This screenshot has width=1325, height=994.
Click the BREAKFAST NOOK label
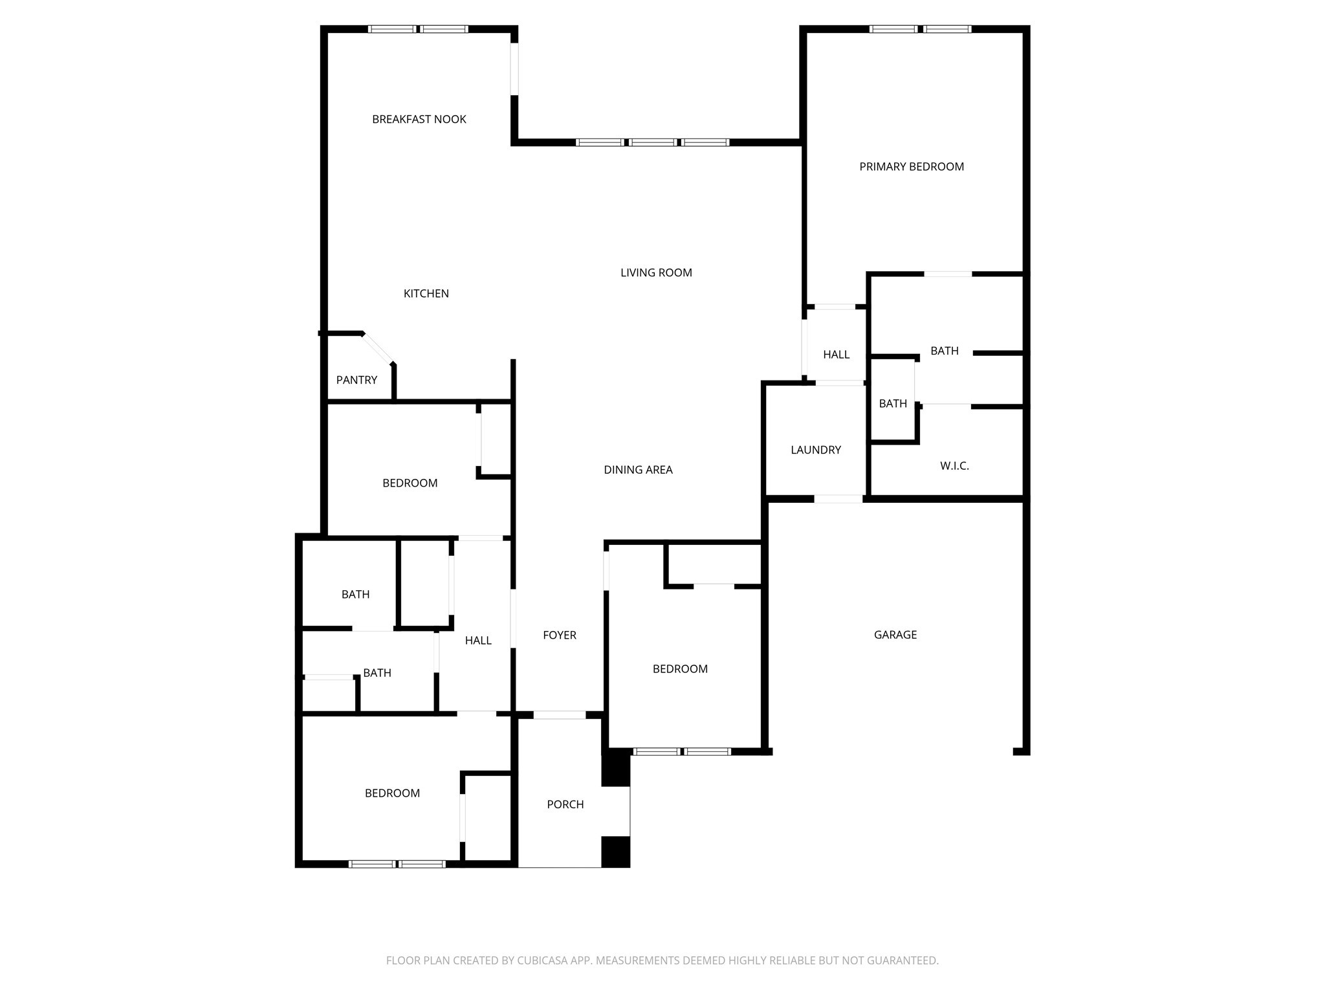click(x=419, y=119)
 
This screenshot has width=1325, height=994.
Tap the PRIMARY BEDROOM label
click(x=911, y=167)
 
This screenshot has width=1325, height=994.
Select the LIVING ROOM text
click(x=656, y=273)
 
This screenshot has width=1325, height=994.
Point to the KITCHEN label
click(x=426, y=294)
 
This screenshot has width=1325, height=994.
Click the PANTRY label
click(x=356, y=380)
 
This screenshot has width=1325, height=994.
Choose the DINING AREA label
click(x=638, y=470)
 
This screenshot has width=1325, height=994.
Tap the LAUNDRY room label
click(x=815, y=450)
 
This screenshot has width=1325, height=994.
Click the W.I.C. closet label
click(x=954, y=466)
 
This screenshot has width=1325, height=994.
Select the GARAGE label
click(x=895, y=635)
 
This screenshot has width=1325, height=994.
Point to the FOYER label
click(x=559, y=635)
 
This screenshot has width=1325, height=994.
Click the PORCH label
click(x=565, y=804)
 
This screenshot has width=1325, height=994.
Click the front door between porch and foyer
click(x=559, y=715)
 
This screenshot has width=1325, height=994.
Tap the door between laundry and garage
click(x=838, y=499)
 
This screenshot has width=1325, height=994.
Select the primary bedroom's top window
click(x=919, y=29)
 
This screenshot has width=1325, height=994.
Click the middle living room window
click(x=653, y=142)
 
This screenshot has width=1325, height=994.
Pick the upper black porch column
click(x=615, y=769)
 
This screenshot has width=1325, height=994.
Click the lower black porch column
click(x=615, y=852)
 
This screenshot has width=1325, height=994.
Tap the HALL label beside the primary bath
click(x=836, y=355)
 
